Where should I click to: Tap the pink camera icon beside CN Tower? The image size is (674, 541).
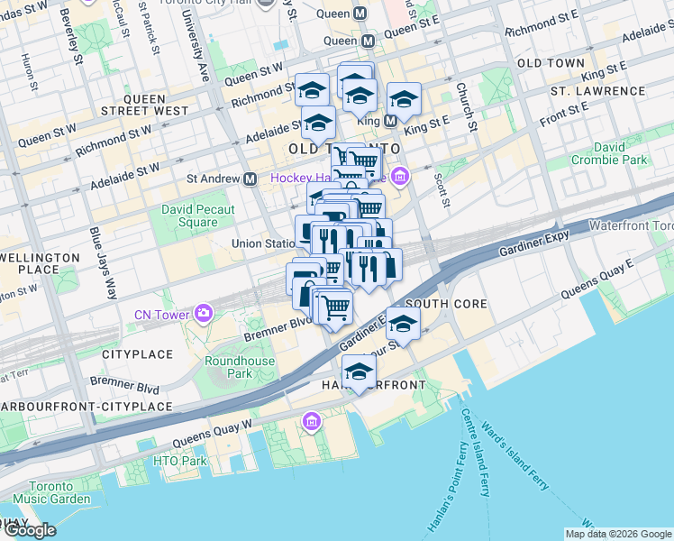(205, 313)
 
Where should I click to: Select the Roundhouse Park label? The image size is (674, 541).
(227, 367)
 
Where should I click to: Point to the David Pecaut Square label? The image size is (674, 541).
(197, 216)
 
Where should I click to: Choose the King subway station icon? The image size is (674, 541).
(390, 120)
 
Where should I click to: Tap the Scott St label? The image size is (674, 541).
(442, 189)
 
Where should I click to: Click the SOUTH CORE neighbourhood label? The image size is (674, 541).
(447, 305)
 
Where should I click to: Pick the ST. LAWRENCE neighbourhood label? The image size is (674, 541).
(587, 92)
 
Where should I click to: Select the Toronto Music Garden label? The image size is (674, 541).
(51, 491)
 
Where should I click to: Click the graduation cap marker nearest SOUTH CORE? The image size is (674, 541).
(403, 325)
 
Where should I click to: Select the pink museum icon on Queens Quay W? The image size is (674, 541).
(311, 421)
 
